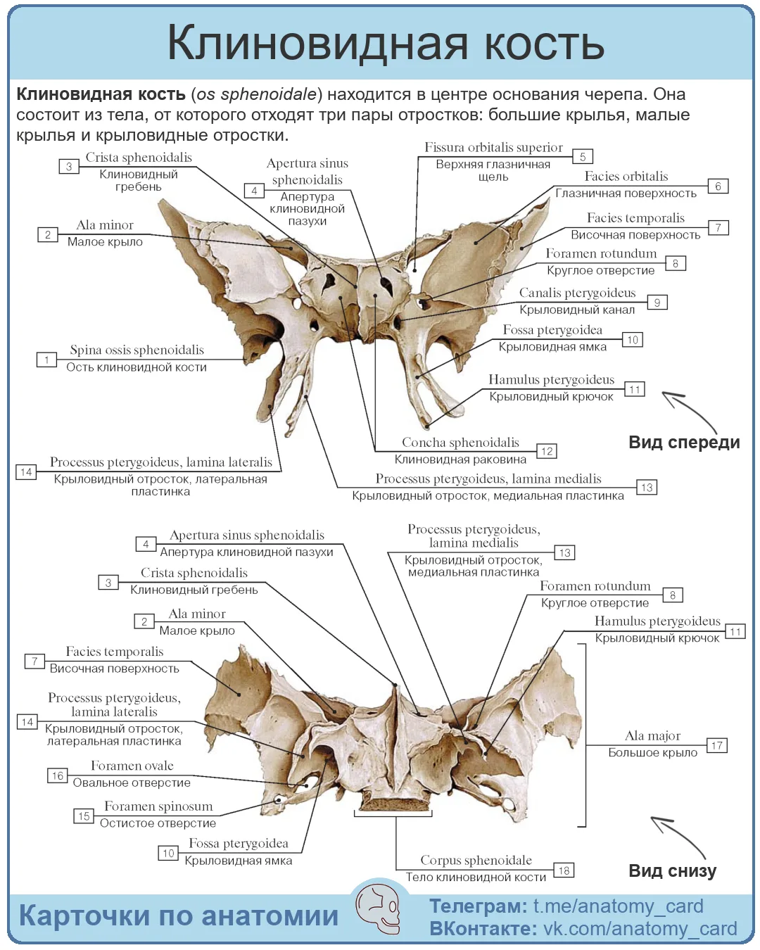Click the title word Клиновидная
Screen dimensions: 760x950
(317, 43)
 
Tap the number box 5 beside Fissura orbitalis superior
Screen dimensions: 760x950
(583, 156)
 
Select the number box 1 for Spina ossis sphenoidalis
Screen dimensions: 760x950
(46, 360)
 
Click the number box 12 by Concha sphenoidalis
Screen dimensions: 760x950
(547, 450)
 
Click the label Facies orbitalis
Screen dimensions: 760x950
(626, 176)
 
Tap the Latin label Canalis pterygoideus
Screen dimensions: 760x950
(577, 293)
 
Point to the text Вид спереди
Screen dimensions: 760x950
(684, 442)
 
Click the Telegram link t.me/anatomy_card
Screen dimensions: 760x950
(619, 906)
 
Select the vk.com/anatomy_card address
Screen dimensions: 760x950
(640, 928)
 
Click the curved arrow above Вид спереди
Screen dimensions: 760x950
(689, 410)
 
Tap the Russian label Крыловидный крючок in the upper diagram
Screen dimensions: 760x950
(551, 396)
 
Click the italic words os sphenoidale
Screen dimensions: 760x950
(257, 94)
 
